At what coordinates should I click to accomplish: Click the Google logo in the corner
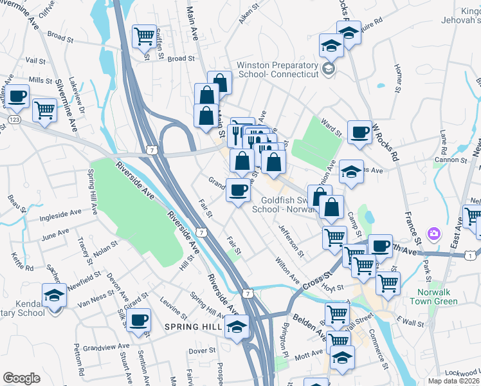[x=21, y=378]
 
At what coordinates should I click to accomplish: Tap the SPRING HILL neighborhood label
[x=192, y=327]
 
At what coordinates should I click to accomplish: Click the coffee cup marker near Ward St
[x=359, y=132]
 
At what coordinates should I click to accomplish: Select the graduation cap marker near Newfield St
[x=55, y=295]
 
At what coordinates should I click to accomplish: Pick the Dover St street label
[x=202, y=351]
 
